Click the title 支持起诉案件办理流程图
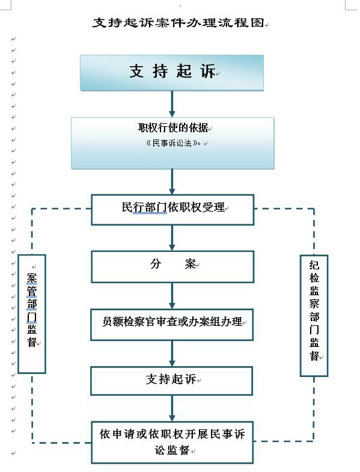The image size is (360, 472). coord(178,23)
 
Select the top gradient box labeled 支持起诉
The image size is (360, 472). coord(172,73)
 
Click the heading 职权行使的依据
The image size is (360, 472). coord(173,127)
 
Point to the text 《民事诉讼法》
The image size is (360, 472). coord(173,143)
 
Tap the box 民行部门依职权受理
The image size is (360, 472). coord(172,210)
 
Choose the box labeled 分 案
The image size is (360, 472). coord(172,267)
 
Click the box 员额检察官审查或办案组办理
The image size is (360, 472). coord(172,325)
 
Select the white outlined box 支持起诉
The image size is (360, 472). coord(171,381)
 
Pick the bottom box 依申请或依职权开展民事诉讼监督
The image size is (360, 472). coord(172,442)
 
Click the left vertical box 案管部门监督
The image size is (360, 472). coord(32,314)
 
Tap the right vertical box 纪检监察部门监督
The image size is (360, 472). coord(314,316)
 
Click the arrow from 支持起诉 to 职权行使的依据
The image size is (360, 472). coord(172,104)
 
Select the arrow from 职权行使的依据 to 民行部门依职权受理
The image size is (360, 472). coord(172,182)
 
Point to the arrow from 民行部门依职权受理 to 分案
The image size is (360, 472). coord(172,238)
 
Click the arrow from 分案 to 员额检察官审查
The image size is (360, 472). coord(172,296)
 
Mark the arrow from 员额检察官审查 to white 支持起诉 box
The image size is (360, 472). coord(172,354)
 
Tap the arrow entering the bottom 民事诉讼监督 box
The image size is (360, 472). coord(172,408)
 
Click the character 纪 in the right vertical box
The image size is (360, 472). coord(314,265)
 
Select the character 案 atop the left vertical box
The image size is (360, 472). coord(32,278)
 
